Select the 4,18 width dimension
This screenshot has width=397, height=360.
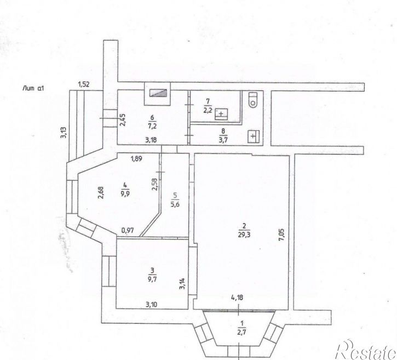point(237,298)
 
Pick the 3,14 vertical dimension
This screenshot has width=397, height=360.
point(182,284)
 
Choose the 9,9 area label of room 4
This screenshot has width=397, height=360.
point(125,193)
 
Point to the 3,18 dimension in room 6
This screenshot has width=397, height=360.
point(151,141)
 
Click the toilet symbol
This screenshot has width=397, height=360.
point(253,99)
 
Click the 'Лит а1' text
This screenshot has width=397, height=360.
point(32,87)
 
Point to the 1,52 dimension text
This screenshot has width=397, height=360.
point(83,84)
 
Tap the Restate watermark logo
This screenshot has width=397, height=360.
point(364,348)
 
